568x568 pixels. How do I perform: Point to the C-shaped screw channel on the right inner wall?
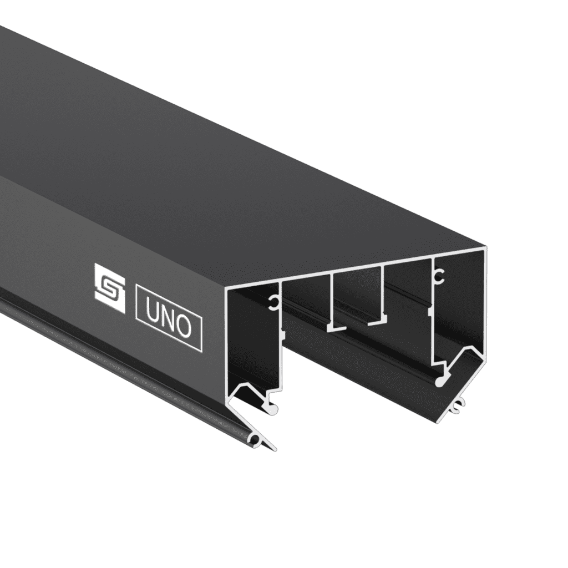[439, 274]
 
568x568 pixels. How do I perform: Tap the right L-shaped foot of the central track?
[377, 321]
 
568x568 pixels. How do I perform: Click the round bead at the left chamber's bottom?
[274, 409]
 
